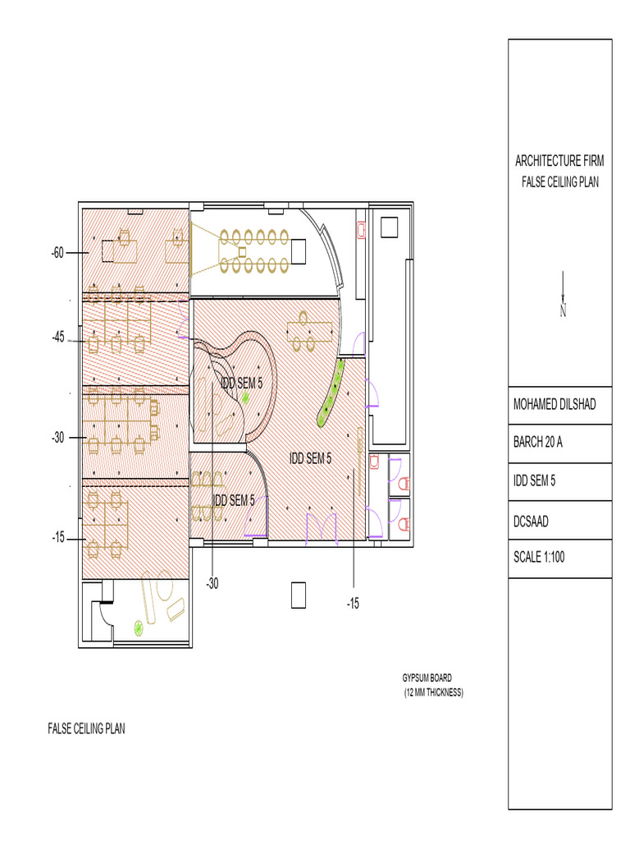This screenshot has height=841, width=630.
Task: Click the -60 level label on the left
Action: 57,252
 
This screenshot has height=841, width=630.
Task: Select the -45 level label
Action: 57,337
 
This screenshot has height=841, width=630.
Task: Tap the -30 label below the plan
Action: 212,583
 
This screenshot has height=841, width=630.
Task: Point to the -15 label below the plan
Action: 353,604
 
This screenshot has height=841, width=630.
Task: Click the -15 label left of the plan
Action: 57,538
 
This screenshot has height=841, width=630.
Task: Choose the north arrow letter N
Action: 563,310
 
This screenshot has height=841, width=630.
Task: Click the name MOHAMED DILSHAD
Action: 555,405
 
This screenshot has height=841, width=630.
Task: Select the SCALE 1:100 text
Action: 539,557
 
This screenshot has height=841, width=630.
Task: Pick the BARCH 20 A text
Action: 538,443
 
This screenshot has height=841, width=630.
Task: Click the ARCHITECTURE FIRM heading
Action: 559,161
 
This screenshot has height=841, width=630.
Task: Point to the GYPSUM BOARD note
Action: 427,678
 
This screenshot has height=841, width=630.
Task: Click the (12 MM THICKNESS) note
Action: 433,693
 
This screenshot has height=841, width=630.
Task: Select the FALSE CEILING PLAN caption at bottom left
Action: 86,728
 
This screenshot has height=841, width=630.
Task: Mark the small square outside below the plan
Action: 299,595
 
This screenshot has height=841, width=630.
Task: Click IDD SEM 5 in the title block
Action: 534,481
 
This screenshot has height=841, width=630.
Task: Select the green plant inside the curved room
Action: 244,398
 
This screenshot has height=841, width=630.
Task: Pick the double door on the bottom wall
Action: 321,526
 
